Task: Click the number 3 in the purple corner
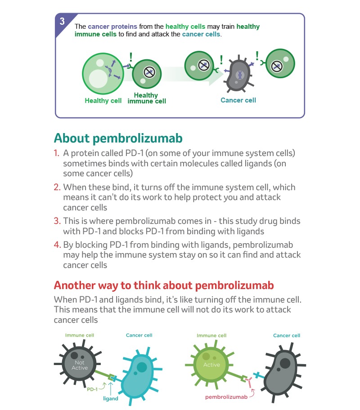[x=62, y=21]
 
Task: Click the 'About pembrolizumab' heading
[x=118, y=138]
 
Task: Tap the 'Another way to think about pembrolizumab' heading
[x=164, y=285]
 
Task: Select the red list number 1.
[x=57, y=153]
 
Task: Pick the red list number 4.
[x=57, y=245]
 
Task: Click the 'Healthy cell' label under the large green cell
[x=103, y=101]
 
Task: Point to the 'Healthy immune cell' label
[x=147, y=98]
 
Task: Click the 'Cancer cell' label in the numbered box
[x=238, y=100]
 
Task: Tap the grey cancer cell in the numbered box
[x=239, y=75]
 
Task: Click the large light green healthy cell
[x=103, y=73]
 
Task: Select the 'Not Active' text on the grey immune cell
[x=80, y=365]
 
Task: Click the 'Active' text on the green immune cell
[x=212, y=365]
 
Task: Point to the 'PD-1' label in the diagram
[x=92, y=389]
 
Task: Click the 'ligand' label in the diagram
[x=111, y=398]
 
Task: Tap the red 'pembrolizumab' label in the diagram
[x=226, y=397]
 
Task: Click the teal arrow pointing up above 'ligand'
[x=111, y=388]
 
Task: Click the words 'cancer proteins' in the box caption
[x=112, y=27]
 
